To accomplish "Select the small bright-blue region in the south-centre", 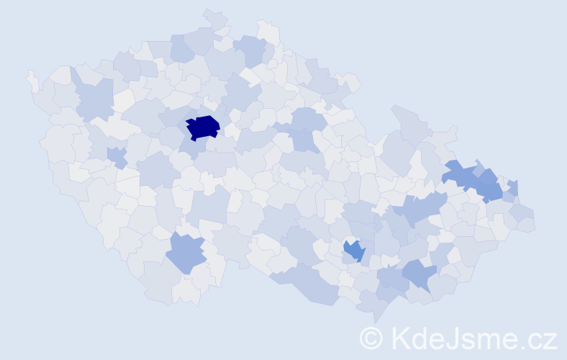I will [x=353, y=251].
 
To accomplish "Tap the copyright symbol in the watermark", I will [x=371, y=338].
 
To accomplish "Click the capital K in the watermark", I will [x=399, y=338].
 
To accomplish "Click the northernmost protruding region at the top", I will [x=214, y=17].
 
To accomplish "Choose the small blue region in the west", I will [x=117, y=156].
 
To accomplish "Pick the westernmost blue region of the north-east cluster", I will [x=457, y=174].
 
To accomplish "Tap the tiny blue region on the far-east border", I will [x=512, y=188].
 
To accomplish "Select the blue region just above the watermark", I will [x=419, y=274].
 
